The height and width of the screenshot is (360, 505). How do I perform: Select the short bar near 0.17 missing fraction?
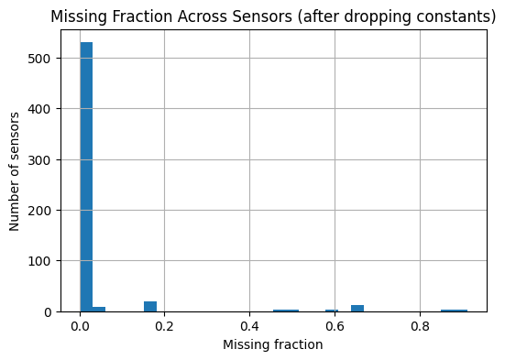pyautogui.click(x=150, y=306)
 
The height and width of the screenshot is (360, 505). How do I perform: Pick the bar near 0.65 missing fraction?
pyautogui.click(x=357, y=308)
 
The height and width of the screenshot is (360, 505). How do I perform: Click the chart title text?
pyautogui.click(x=273, y=16)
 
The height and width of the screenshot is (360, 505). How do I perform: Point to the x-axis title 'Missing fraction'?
pyautogui.click(x=272, y=344)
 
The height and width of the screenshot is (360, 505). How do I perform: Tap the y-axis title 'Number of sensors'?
pyautogui.click(x=16, y=171)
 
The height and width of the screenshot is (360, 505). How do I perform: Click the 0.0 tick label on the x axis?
pyautogui.click(x=80, y=325)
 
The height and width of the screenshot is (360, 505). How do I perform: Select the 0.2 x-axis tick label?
pyautogui.click(x=165, y=325)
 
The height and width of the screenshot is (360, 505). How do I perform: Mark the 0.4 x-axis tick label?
pyautogui.click(x=250, y=325)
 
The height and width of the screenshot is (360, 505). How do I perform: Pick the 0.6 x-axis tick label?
pyautogui.click(x=335, y=325)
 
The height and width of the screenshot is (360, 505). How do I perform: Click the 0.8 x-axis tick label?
pyautogui.click(x=420, y=325)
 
